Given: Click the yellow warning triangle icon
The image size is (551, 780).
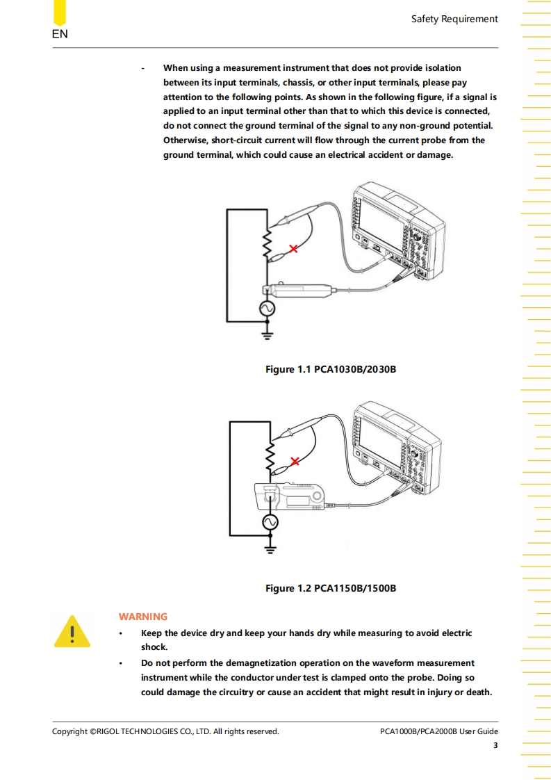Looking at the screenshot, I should click(x=72, y=632).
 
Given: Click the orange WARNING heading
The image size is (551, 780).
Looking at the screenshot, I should click(x=143, y=617).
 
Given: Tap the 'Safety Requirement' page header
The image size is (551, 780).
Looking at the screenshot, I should click(x=454, y=19).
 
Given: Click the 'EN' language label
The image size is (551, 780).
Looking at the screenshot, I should click(x=60, y=34).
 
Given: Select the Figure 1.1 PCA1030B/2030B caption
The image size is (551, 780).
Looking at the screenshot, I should click(x=331, y=369).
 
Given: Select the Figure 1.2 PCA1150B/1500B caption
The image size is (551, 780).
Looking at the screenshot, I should click(x=331, y=589).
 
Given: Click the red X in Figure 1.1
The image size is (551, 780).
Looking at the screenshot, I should click(x=294, y=248).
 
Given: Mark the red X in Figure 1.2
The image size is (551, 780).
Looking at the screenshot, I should click(x=295, y=461).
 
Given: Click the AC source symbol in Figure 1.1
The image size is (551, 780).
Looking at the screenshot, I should click(x=267, y=308).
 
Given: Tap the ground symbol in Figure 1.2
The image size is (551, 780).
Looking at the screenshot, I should click(x=268, y=549).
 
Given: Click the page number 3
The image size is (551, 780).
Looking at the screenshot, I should click(x=495, y=746).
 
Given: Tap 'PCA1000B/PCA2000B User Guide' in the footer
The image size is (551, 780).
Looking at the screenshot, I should click(x=439, y=731).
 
